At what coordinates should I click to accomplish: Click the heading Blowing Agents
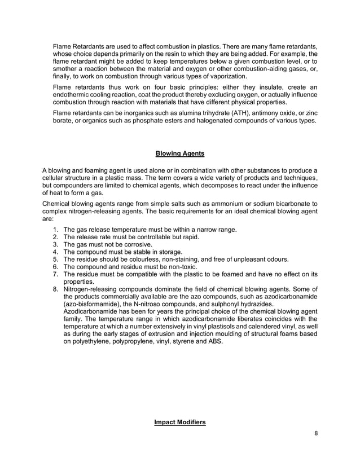(180, 153)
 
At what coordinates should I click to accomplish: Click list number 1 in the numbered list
(55, 230)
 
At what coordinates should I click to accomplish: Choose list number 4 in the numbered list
(55, 252)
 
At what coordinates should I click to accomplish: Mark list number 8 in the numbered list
(55, 289)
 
